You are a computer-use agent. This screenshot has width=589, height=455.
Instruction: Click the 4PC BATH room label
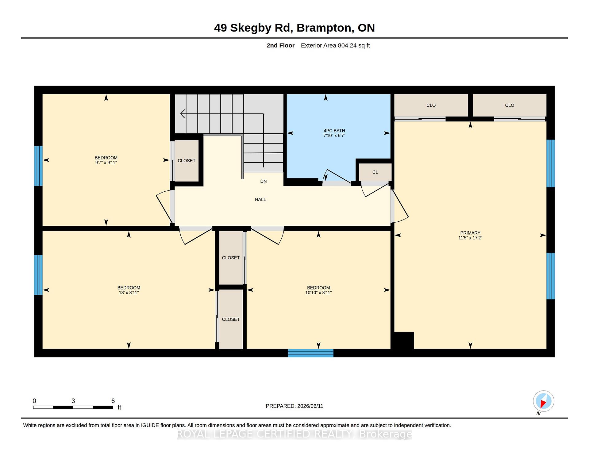pyautogui.click(x=334, y=131)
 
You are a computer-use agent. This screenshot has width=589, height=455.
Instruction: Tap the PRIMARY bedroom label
pyautogui.click(x=470, y=233)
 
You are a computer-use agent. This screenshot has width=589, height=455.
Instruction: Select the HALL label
pyautogui.click(x=260, y=200)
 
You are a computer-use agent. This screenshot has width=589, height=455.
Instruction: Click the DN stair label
pyautogui.click(x=264, y=182)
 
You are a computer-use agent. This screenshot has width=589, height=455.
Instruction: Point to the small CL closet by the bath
pyautogui.click(x=375, y=172)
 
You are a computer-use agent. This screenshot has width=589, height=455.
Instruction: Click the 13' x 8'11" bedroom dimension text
pyautogui.click(x=129, y=293)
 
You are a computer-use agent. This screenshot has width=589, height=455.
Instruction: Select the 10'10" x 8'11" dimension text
pyautogui.click(x=318, y=293)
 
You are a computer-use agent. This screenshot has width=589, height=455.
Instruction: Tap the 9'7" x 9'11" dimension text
pyautogui.click(x=106, y=163)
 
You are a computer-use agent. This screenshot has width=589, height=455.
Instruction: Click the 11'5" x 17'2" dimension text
pyautogui.click(x=470, y=238)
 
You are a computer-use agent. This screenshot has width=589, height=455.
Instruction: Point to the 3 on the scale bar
pyautogui.click(x=73, y=401)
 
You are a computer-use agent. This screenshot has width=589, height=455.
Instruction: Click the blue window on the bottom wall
pyautogui.click(x=310, y=353)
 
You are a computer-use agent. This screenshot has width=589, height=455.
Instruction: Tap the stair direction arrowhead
pyautogui.click(x=183, y=114)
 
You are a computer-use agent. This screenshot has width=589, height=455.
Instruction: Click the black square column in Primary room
pyautogui.click(x=404, y=340)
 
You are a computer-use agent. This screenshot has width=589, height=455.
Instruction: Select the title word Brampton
pyautogui.click(x=325, y=28)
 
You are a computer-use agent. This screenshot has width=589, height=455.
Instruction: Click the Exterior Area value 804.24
pyautogui.click(x=347, y=46)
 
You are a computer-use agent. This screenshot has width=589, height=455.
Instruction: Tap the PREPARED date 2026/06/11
pyautogui.click(x=310, y=406)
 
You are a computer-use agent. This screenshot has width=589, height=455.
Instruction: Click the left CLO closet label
pyautogui.click(x=431, y=105)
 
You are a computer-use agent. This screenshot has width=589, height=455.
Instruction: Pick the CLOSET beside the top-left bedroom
pyautogui.click(x=187, y=161)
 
